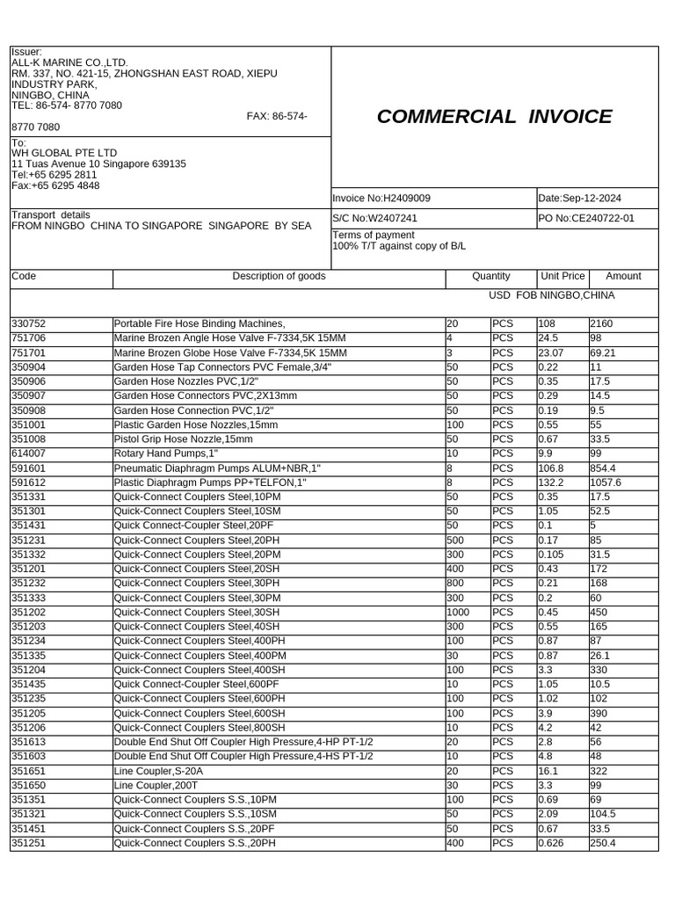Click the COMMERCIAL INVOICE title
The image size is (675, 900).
coord(494,117)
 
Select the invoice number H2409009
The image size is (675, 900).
coord(381,199)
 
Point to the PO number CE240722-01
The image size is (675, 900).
coord(585,217)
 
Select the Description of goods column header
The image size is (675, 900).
coord(279,276)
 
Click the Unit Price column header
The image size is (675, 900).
coord(562,276)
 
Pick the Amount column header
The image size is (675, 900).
coord(623,276)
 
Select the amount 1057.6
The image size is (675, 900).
coord(606,483)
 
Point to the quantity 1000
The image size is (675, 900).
coord(459,613)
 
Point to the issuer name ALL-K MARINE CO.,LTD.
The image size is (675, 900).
coord(69,63)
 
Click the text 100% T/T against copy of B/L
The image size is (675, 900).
coord(399,246)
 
